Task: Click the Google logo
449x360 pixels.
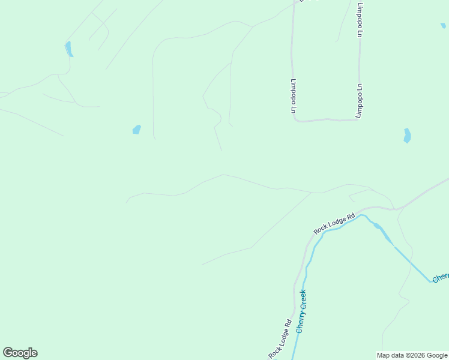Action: pyautogui.click(x=20, y=353)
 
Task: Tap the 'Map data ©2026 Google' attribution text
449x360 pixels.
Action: pyautogui.click(x=412, y=355)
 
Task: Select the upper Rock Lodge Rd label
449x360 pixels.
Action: pyautogui.click(x=334, y=223)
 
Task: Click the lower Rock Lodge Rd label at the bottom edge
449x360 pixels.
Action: pyautogui.click(x=280, y=340)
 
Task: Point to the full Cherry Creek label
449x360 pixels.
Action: pyautogui.click(x=301, y=311)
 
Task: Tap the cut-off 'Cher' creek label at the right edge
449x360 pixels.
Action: pyautogui.click(x=441, y=277)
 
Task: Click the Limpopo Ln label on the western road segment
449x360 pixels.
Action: pyautogui.click(x=294, y=96)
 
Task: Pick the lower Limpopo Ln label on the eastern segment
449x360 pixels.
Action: pyautogui.click(x=360, y=101)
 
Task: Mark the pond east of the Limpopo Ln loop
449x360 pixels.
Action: pyautogui.click(x=407, y=136)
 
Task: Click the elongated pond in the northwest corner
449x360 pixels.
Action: pyautogui.click(x=68, y=49)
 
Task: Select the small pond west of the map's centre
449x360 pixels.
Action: pyautogui.click(x=136, y=129)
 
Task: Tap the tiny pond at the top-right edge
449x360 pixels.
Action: pyautogui.click(x=443, y=25)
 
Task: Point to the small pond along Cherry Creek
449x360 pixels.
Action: pyautogui.click(x=378, y=226)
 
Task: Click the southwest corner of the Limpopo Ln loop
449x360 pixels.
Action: pyautogui.click(x=295, y=119)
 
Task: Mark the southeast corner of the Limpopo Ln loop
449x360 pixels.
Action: pyautogui.click(x=358, y=119)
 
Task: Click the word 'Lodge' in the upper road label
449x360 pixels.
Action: pyautogui.click(x=335, y=223)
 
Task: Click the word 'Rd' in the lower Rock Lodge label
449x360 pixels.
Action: pyautogui.click(x=288, y=325)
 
